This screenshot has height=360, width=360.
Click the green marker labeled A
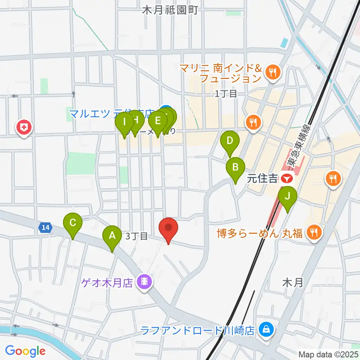tap(112, 236)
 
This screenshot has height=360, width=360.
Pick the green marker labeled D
tap(230, 142)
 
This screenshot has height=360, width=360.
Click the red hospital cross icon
tap(24, 127)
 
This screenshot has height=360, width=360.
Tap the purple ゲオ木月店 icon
tap(144, 280)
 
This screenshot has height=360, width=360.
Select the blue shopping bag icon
tap(266, 330)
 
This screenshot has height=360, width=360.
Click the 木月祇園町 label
tap(170, 10)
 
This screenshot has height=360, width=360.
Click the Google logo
tap(25, 351)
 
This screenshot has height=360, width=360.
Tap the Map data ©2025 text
tap(328, 354)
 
